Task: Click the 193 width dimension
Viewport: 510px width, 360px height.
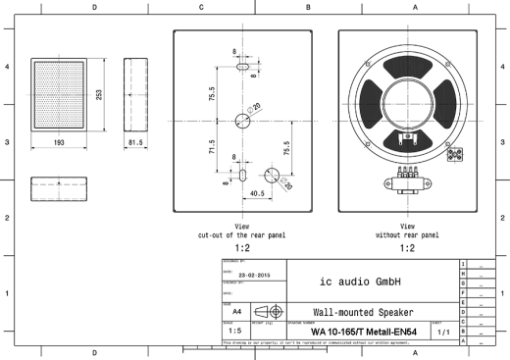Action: [x=60, y=142]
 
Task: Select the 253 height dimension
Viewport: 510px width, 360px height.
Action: [x=98, y=94]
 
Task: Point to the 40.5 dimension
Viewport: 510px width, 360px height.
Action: [x=259, y=193]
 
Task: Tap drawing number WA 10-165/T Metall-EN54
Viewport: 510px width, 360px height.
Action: [x=369, y=331]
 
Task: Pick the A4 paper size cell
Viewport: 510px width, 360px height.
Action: [x=235, y=309]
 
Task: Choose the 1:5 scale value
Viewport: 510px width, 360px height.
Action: [x=235, y=331]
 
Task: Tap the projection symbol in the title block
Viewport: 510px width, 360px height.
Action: [x=270, y=309]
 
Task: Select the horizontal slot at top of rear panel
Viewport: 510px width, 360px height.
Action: [x=240, y=71]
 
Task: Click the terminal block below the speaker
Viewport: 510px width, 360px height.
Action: [x=407, y=174]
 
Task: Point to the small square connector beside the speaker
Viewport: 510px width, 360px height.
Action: [x=455, y=155]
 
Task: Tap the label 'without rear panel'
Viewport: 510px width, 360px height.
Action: [x=407, y=235]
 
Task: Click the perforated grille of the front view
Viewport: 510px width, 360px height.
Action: [x=60, y=94]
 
